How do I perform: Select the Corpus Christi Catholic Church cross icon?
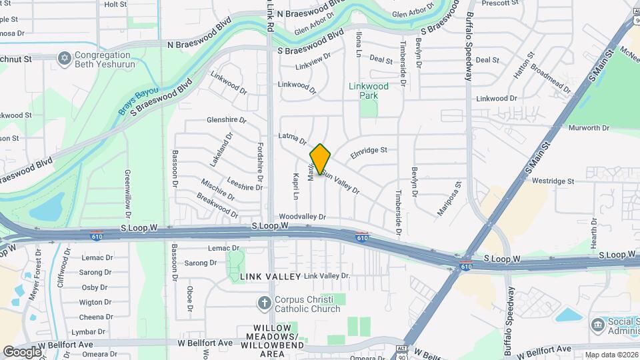pos(265,304)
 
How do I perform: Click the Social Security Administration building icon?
pos(597,326)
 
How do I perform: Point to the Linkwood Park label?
pos(369,91)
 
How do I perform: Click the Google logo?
pos(22,352)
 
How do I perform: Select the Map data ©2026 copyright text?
pos(611,355)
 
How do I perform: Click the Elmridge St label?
pos(369,151)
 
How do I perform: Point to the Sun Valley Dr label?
pos(341,181)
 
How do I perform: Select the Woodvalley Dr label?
pos(302,217)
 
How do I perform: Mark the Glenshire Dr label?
pos(227,120)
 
